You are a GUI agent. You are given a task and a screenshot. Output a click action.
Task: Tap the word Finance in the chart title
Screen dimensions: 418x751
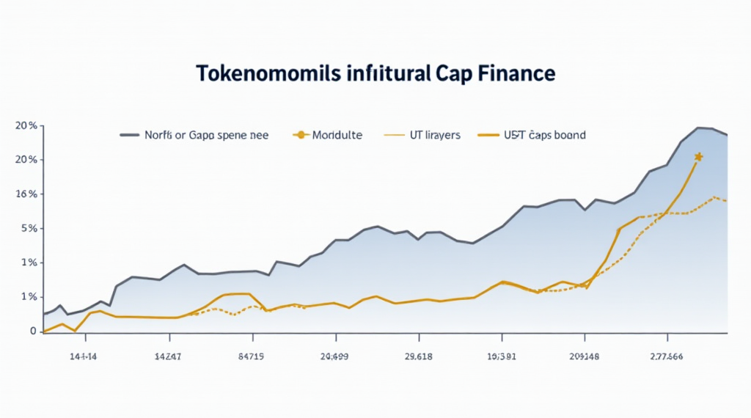point(518,75)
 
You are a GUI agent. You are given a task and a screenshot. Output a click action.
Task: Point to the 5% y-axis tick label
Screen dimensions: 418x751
point(28,229)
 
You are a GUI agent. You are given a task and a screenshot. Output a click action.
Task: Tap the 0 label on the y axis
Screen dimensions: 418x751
point(32,331)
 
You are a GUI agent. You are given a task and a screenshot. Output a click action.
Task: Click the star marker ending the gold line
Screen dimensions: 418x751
point(698,157)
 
